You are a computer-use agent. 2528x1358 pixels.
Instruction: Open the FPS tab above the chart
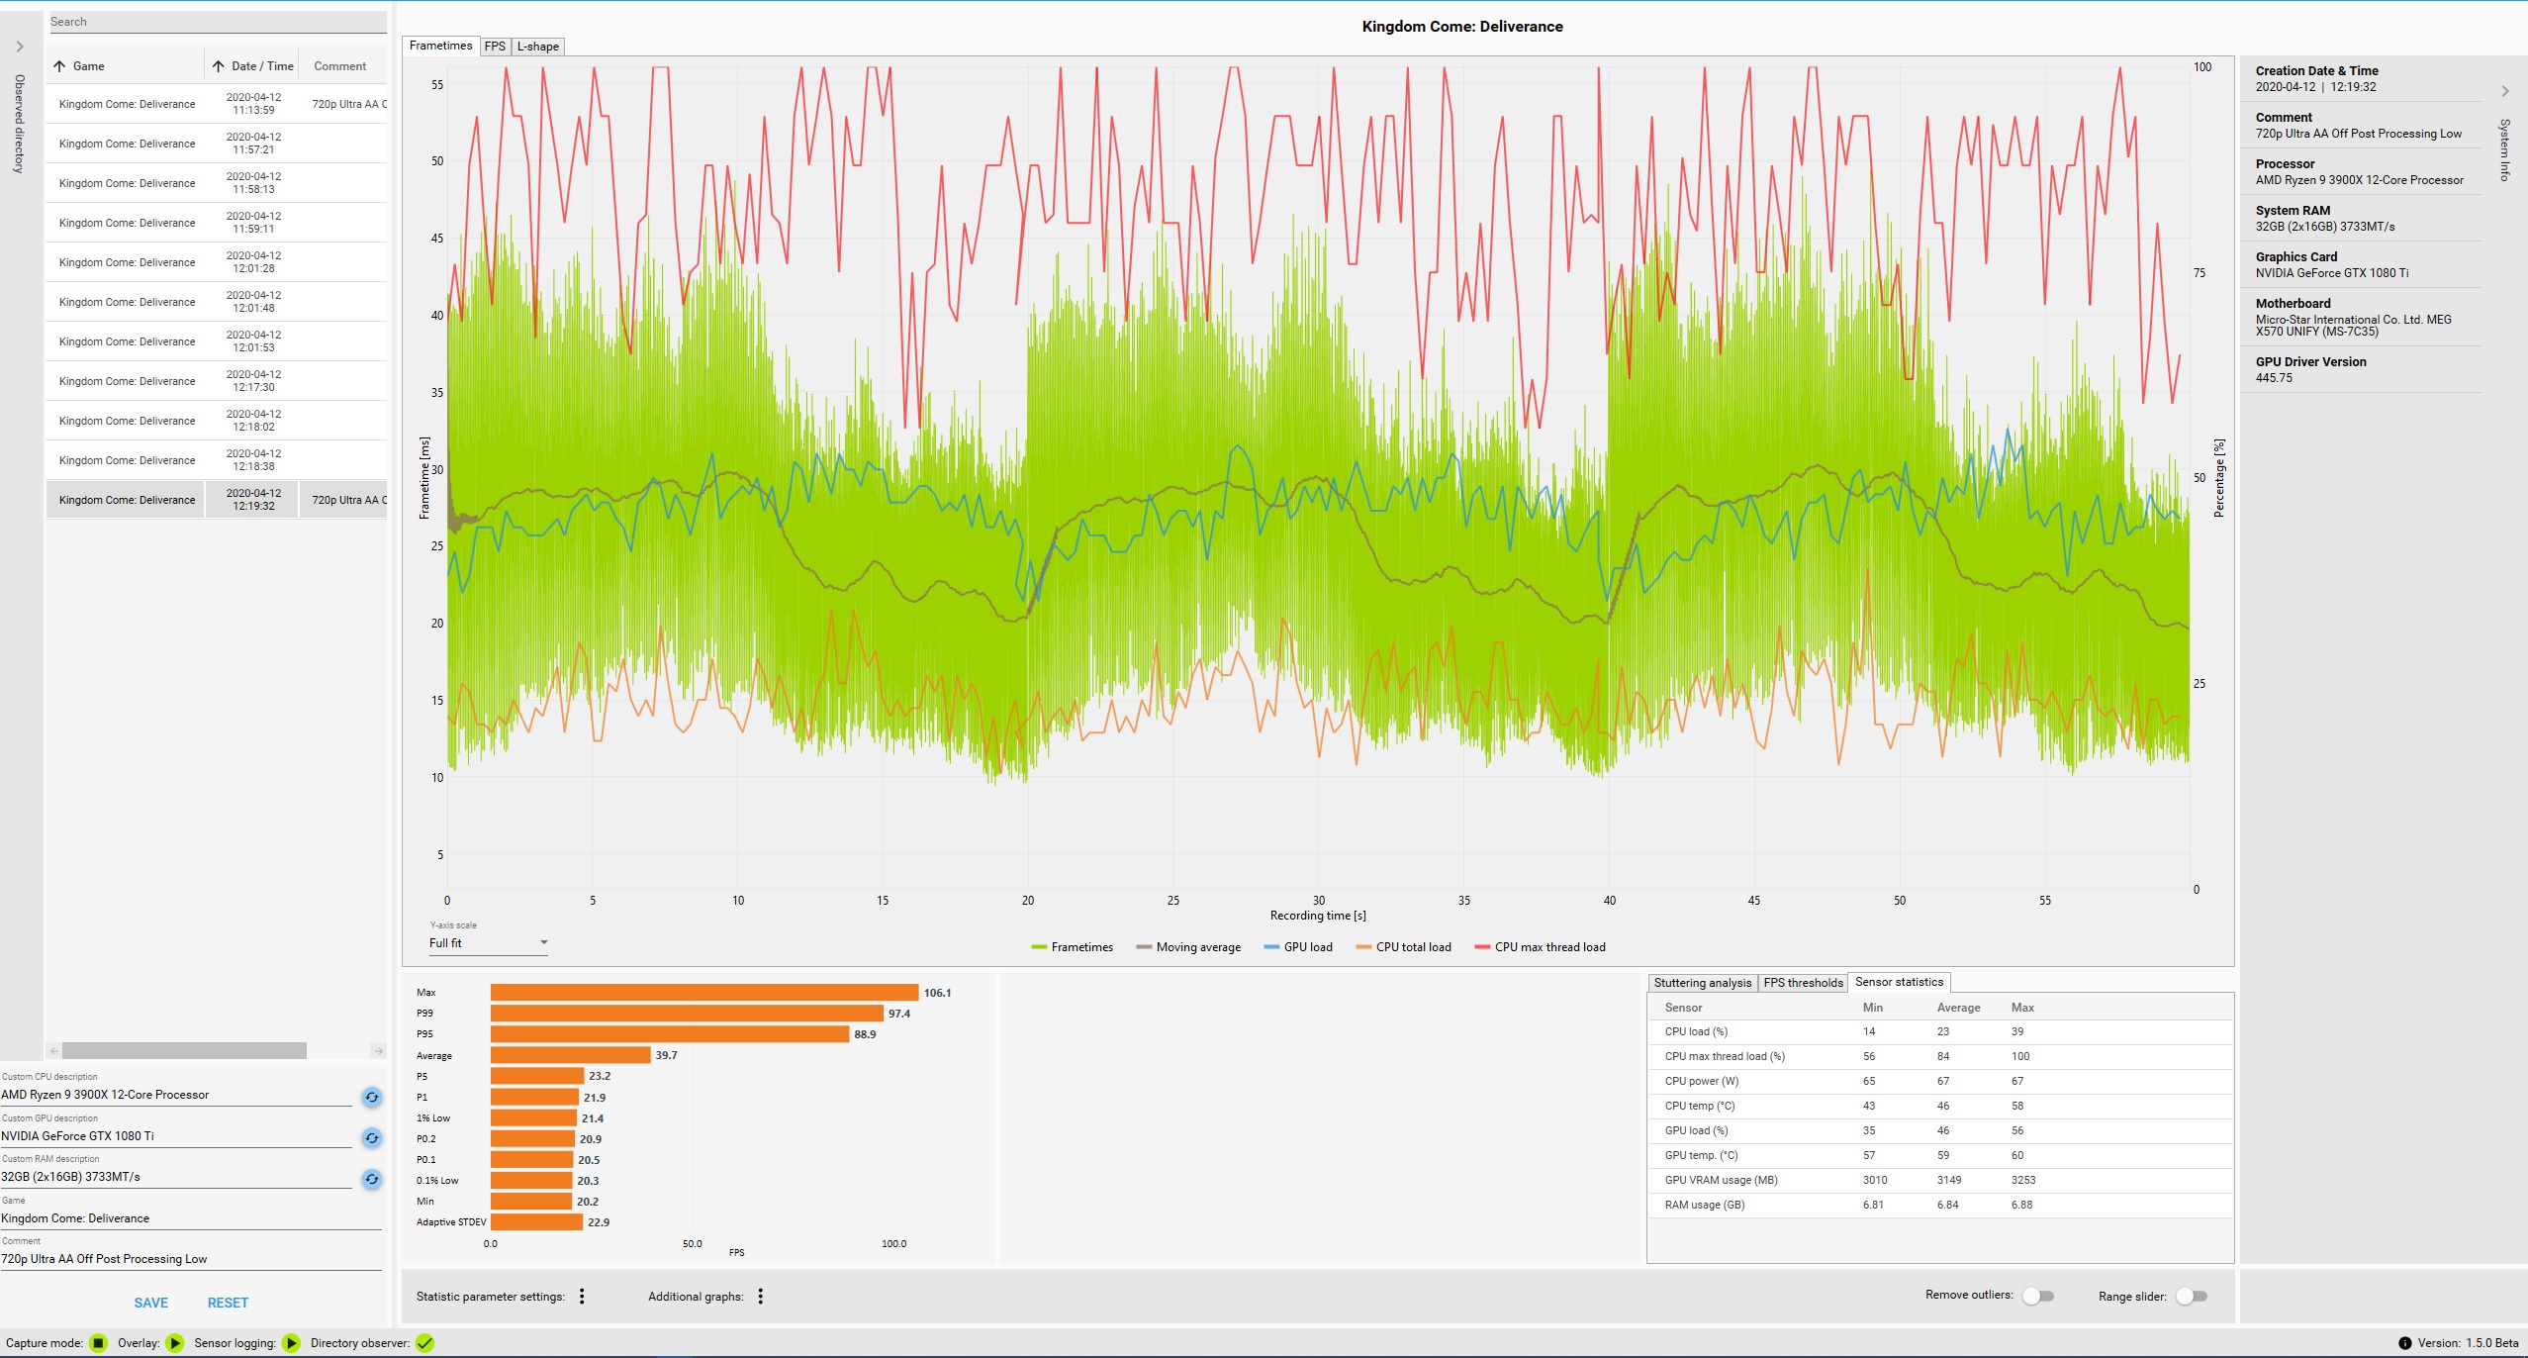(495, 47)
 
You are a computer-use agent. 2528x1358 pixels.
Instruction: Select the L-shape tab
(538, 47)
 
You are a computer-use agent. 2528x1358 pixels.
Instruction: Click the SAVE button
(151, 1303)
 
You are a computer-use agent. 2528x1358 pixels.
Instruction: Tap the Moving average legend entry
(1188, 947)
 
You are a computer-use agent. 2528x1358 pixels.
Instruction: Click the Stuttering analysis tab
(1702, 983)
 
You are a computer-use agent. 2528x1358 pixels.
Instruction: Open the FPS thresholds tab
(1803, 983)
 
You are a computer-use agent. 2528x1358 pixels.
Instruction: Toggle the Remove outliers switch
(2037, 1296)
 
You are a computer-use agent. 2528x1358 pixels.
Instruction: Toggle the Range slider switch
(2191, 1296)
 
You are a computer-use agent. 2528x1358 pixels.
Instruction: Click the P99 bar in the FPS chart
(687, 1014)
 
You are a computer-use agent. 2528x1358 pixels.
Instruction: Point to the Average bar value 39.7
(666, 1055)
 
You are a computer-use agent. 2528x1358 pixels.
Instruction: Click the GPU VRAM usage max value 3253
(2023, 1180)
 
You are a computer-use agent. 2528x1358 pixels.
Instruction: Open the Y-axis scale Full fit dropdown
(488, 943)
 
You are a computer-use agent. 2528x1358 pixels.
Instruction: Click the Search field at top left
(218, 22)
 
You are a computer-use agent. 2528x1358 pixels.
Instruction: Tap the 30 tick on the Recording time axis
(1318, 901)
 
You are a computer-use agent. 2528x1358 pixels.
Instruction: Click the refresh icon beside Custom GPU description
(372, 1138)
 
